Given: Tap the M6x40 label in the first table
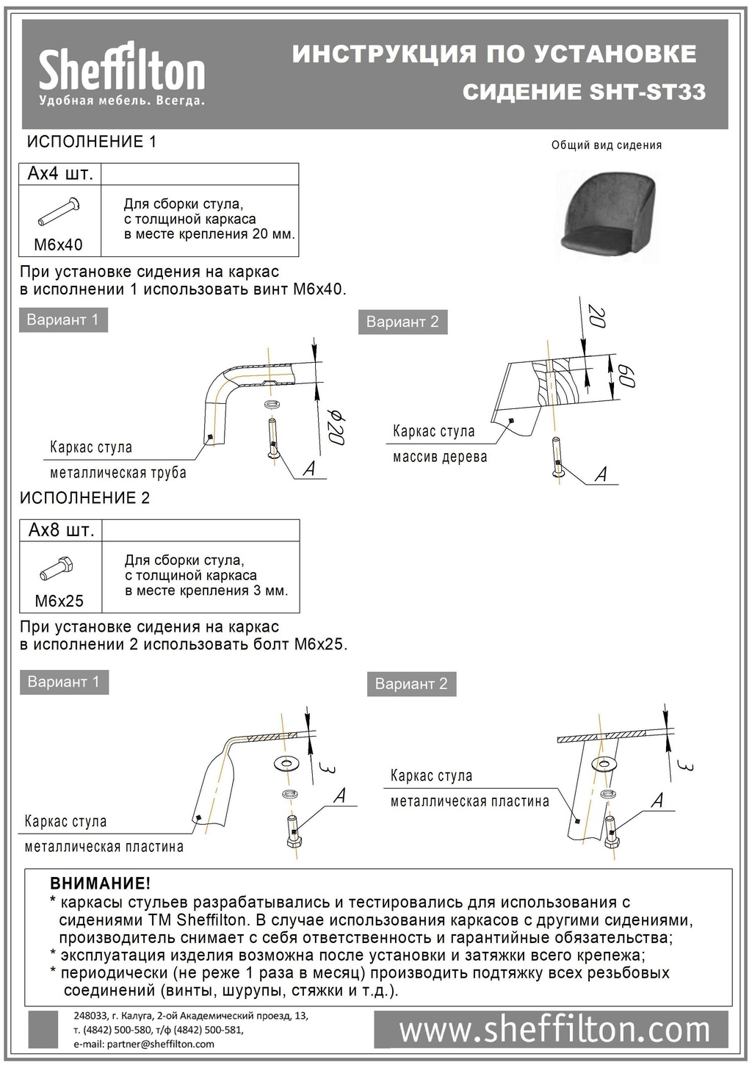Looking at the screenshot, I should [x=59, y=245].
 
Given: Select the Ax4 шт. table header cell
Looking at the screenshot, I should [x=60, y=174].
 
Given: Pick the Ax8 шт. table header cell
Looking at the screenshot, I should [x=61, y=530].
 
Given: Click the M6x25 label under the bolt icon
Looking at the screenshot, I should [x=59, y=601].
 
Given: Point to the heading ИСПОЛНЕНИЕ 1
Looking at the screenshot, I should [x=92, y=142].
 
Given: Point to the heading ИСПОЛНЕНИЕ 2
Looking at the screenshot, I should [x=85, y=498].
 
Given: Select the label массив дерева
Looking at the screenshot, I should [x=439, y=458].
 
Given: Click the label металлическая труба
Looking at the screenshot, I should [x=117, y=472].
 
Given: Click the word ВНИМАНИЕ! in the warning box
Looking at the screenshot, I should [x=100, y=884].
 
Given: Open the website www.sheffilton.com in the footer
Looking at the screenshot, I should [x=554, y=1030].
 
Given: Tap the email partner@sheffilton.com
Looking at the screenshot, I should [x=144, y=1044].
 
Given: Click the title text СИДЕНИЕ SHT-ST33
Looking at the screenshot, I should [x=584, y=93].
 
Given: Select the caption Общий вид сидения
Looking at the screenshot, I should [x=607, y=145].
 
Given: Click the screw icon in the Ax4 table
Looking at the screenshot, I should [x=59, y=212].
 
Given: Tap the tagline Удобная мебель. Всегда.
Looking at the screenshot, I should [x=122, y=101].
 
